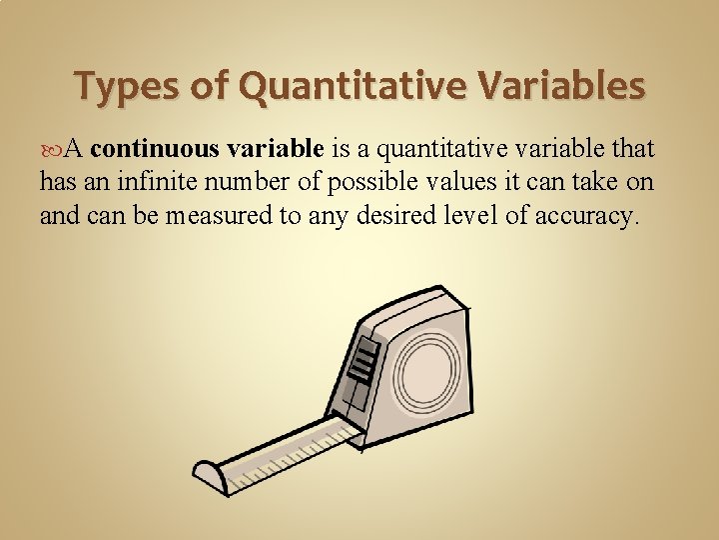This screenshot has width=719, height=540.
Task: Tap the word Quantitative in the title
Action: coord(346,87)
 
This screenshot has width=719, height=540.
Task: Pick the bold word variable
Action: coord(275,150)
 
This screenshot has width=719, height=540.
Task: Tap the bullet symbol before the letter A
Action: coord(50,151)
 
